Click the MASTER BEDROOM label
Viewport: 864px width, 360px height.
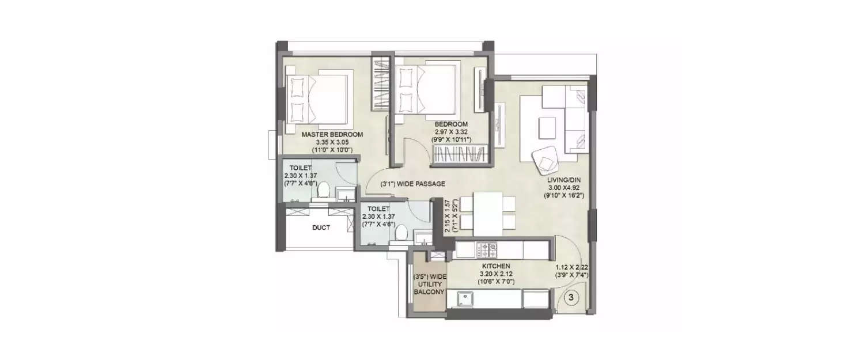(x=332, y=135)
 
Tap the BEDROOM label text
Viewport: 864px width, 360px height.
(x=451, y=124)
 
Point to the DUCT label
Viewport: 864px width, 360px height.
(x=321, y=228)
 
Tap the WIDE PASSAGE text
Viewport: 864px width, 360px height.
(x=412, y=184)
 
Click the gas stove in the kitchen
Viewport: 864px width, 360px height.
(x=487, y=250)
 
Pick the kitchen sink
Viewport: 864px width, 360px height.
(x=465, y=298)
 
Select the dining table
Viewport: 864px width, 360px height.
(x=487, y=210)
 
